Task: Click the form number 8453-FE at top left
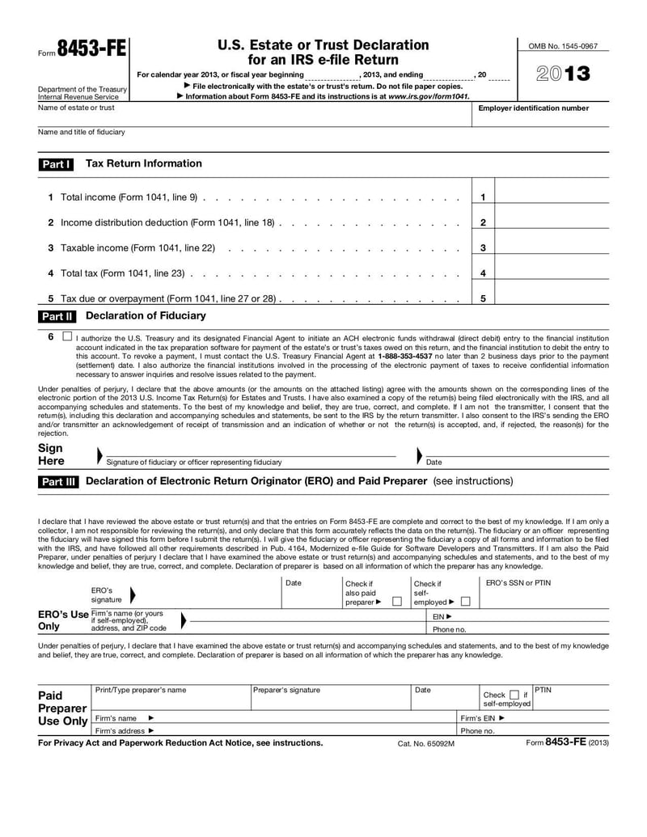pos(91,49)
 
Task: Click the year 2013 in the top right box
pos(563,75)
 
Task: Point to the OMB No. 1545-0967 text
pos(563,47)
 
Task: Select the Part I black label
pos(57,164)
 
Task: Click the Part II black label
pos(57,316)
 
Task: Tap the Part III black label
pos(58,482)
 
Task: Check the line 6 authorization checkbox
pos(66,336)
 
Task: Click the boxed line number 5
pos(483,298)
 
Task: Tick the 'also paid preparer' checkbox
pos(396,602)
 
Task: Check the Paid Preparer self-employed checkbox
pos(514,695)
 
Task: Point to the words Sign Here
pos(51,454)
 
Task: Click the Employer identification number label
pos(534,108)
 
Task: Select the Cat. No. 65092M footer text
pos(425,743)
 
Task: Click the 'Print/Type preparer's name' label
pos(141,690)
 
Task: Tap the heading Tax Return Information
pos(144,163)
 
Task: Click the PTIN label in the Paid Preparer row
pos(543,689)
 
